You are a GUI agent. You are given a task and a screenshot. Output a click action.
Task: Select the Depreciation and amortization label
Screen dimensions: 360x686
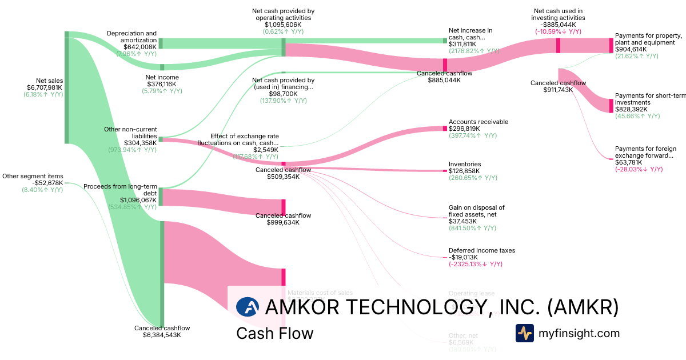point(131,37)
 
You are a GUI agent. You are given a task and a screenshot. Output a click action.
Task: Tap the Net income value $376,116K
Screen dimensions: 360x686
point(162,84)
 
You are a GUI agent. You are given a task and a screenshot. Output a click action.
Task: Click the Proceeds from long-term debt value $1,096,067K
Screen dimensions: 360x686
point(138,200)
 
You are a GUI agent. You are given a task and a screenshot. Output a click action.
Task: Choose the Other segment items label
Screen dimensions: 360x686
point(33,176)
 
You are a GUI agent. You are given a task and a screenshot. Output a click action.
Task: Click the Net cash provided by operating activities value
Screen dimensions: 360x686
point(283,25)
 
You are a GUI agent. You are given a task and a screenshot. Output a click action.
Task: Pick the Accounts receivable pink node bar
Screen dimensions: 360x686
point(444,129)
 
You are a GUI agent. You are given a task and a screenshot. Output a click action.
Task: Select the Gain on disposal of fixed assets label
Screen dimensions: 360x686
point(477,211)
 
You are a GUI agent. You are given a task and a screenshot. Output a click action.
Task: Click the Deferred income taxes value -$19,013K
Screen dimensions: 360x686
point(465,257)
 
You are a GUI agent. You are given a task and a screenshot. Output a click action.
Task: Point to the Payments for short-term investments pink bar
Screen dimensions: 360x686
point(611,105)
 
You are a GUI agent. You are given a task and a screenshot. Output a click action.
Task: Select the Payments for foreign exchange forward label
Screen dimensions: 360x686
point(644,152)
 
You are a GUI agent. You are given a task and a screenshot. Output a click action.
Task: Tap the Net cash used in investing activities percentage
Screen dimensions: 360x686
point(558,31)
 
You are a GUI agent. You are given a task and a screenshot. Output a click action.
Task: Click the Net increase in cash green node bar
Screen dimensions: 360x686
point(445,41)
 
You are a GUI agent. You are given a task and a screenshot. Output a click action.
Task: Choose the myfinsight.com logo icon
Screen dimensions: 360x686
point(524,333)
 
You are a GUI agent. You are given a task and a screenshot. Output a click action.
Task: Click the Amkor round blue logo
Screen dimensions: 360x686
point(248,307)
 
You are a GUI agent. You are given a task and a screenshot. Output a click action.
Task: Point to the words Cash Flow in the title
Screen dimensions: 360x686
point(274,333)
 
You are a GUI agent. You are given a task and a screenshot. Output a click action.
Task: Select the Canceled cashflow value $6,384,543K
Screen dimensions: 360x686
point(162,335)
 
